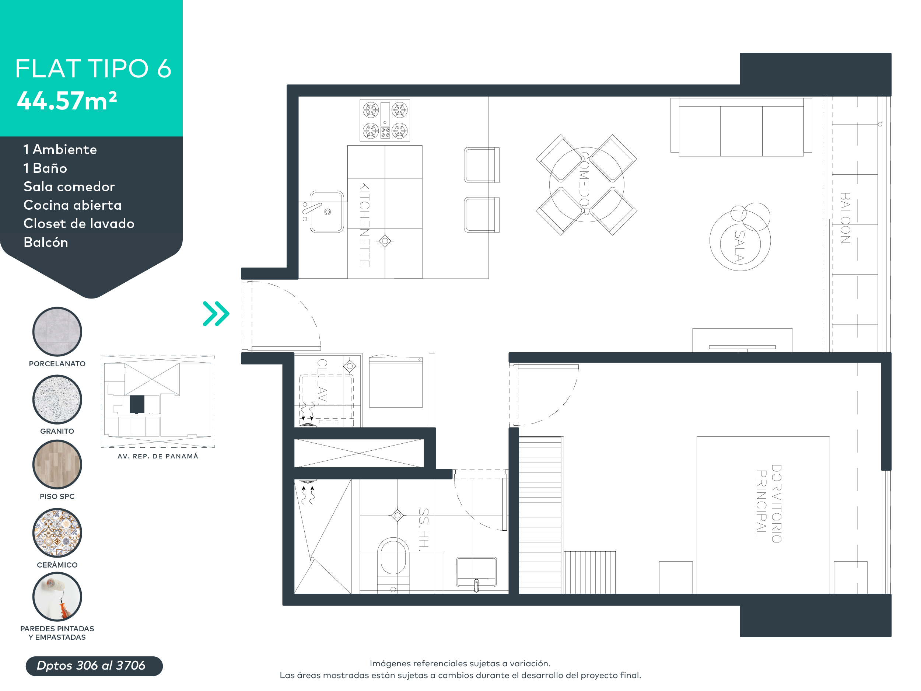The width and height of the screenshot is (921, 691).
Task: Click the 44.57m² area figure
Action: point(67,101)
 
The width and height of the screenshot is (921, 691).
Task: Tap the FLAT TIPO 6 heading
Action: point(93,69)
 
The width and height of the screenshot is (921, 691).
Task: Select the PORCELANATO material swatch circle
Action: point(57,332)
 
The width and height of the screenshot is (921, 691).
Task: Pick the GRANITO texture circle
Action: point(57,399)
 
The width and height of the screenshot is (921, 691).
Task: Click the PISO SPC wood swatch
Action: point(57,464)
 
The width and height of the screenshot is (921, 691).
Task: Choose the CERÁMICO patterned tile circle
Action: point(57,533)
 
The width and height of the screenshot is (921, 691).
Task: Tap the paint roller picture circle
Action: point(57,596)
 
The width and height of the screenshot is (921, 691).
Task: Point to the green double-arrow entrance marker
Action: point(216,314)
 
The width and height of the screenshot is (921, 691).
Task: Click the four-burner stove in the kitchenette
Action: point(385,121)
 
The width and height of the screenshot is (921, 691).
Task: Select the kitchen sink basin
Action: point(327,212)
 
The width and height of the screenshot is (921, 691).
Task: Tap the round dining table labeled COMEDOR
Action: point(586,185)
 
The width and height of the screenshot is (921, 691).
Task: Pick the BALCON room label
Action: point(845,218)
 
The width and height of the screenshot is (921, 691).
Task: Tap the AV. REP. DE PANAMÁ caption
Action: point(158,456)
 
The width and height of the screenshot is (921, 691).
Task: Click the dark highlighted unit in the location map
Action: point(137,404)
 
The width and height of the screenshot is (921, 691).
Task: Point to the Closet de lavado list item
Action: point(79,224)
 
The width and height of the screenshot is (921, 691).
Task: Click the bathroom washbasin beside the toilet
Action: point(476,572)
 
